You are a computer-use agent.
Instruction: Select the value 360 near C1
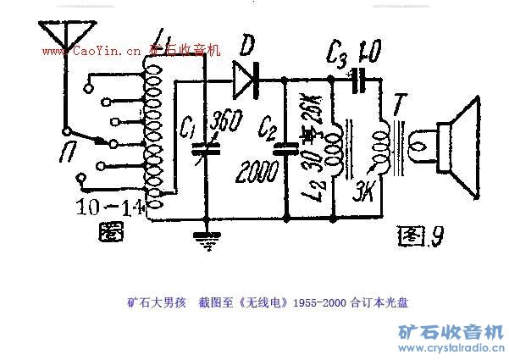click(x=224, y=123)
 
